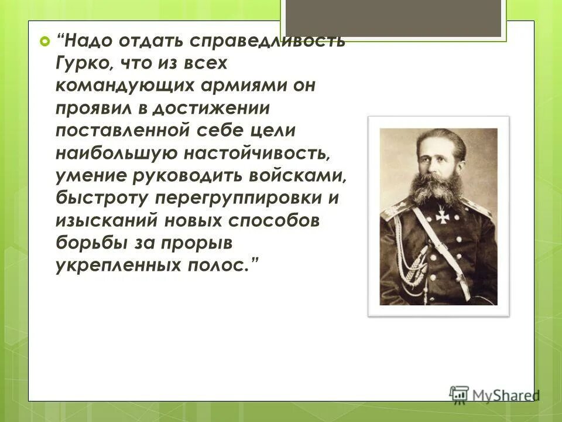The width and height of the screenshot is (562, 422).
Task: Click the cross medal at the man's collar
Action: pos(441,216)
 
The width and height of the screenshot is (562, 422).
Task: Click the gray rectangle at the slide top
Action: pos(393,18)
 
